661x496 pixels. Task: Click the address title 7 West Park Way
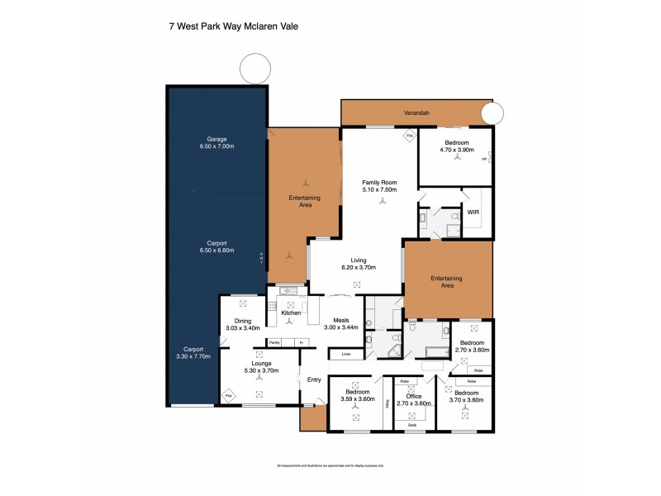233,26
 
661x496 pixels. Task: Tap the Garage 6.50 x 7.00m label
216,142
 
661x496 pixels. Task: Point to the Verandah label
416,112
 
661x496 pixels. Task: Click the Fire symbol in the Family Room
408,136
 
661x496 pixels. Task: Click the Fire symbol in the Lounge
228,396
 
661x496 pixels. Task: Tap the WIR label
473,212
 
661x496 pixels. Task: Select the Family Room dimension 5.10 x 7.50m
380,189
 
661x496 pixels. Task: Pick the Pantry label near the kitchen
273,342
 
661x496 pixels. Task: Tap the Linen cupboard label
344,355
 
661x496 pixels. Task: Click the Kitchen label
291,313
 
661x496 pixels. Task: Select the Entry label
314,379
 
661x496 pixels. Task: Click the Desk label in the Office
411,425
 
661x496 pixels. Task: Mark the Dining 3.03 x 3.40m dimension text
242,328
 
